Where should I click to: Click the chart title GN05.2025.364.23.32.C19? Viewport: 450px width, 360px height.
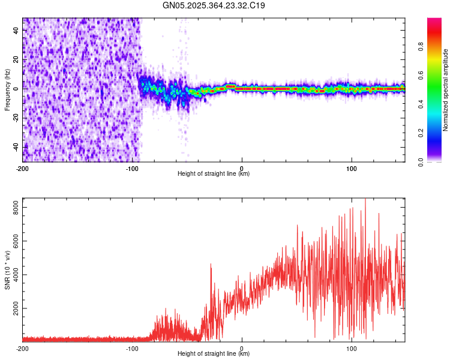coord(214,6)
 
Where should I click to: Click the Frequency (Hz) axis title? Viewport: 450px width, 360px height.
coord(7,90)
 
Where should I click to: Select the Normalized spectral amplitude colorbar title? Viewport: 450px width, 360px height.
coord(446,90)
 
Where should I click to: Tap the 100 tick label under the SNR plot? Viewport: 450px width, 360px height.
coord(352,349)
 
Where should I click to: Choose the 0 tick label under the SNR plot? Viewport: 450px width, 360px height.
coord(242,349)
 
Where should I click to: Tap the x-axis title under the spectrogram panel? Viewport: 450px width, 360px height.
coord(214,174)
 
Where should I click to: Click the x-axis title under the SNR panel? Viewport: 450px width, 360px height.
coord(214,354)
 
